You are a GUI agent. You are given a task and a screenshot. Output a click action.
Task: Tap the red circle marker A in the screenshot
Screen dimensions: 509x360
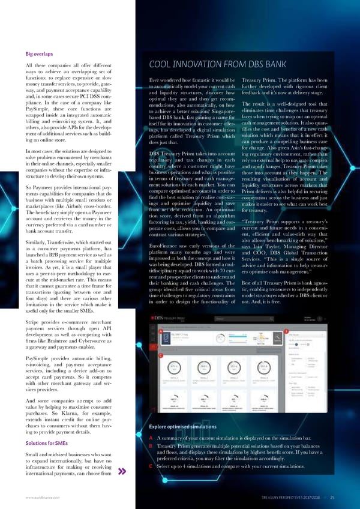tap(160, 331)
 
